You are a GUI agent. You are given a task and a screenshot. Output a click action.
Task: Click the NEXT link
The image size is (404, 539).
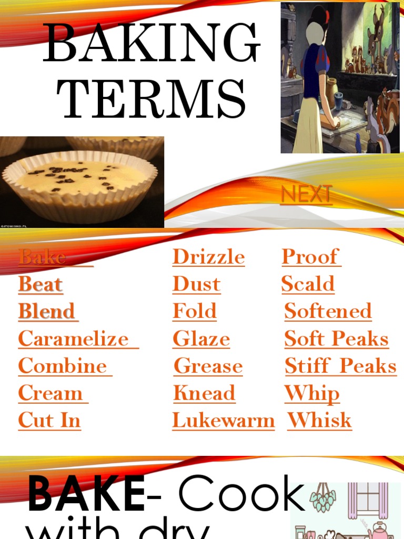coord(306,194)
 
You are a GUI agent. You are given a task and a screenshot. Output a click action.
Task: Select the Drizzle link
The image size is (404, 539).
coord(208,257)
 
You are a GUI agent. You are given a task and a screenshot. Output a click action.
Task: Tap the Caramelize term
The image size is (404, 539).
coord(74,338)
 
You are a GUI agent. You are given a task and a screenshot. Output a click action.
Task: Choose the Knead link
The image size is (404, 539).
coord(204,393)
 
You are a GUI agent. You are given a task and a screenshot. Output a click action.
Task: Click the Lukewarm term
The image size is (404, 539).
coord(223,420)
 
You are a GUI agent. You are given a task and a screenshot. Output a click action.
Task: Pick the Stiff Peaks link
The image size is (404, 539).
coord(340,366)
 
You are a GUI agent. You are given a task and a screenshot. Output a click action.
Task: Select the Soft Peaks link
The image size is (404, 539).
coord(336,338)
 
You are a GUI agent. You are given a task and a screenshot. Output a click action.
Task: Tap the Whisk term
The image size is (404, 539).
coord(319,420)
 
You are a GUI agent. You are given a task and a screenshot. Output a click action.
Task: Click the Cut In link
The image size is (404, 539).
coord(49,420)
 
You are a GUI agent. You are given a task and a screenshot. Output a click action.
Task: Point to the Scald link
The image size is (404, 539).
coord(308,284)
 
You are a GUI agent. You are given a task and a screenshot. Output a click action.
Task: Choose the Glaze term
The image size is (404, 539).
coord(201,338)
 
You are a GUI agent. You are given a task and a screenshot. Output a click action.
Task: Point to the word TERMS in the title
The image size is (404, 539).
coord(151,98)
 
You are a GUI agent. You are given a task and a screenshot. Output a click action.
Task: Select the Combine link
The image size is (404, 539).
coord(63,366)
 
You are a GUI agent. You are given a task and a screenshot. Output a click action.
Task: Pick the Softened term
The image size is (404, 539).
coord(328,311)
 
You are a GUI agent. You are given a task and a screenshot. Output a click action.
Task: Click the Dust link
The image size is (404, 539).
coord(196,284)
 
